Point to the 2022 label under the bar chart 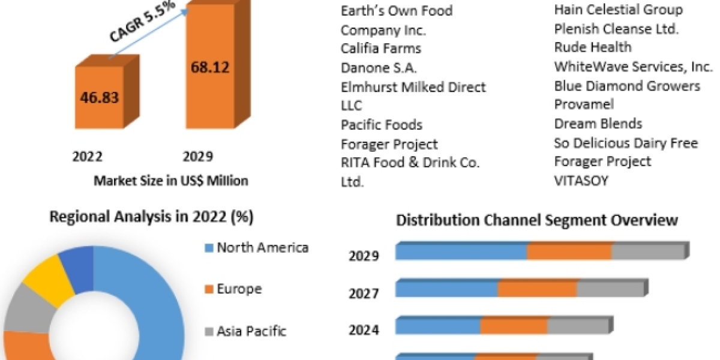pyautogui.click(x=87, y=157)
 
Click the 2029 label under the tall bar pyautogui.click(x=197, y=157)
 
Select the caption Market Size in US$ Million pyautogui.click(x=170, y=181)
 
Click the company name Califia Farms pyautogui.click(x=381, y=49)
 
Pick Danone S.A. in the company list pyautogui.click(x=379, y=68)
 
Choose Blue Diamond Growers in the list pyautogui.click(x=627, y=86)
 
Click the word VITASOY pyautogui.click(x=581, y=181)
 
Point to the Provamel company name pyautogui.click(x=584, y=104)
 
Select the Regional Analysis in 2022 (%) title pyautogui.click(x=151, y=217)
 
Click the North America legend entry pyautogui.click(x=262, y=247)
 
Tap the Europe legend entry pyautogui.click(x=239, y=289)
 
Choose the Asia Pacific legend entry pyautogui.click(x=251, y=331)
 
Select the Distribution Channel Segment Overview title pyautogui.click(x=537, y=220)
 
